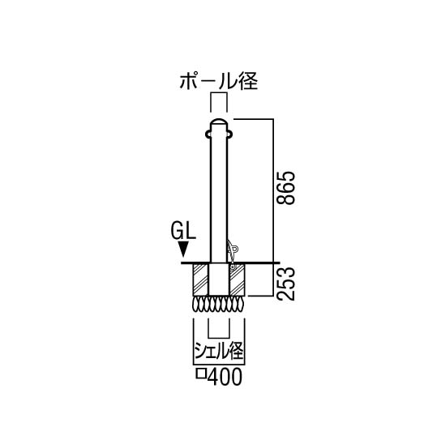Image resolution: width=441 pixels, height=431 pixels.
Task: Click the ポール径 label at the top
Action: point(219,81)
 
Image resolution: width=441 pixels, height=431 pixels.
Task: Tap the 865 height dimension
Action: point(285,187)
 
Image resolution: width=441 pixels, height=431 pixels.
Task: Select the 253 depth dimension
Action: point(285,284)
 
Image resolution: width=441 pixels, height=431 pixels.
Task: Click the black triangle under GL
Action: point(183,249)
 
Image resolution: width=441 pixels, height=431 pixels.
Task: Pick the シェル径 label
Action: point(219,351)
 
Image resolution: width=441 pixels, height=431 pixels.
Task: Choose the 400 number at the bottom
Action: point(225,376)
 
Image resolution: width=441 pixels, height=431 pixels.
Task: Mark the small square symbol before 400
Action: point(200,374)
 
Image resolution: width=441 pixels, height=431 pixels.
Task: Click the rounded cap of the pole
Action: point(219,122)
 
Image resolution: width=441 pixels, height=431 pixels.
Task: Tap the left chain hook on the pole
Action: point(208,134)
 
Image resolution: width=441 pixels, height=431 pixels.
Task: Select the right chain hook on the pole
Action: point(230,134)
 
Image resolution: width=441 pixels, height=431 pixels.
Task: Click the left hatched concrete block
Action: point(201,280)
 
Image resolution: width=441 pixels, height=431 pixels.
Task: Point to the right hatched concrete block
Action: point(237,280)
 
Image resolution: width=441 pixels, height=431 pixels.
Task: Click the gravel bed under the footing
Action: point(219,304)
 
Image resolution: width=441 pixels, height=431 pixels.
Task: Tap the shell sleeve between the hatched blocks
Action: point(219,280)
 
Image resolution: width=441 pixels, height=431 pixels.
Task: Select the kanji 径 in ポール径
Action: point(248,81)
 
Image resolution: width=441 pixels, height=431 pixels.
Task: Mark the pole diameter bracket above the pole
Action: point(219,92)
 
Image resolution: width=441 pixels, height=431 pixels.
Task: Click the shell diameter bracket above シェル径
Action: point(219,337)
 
